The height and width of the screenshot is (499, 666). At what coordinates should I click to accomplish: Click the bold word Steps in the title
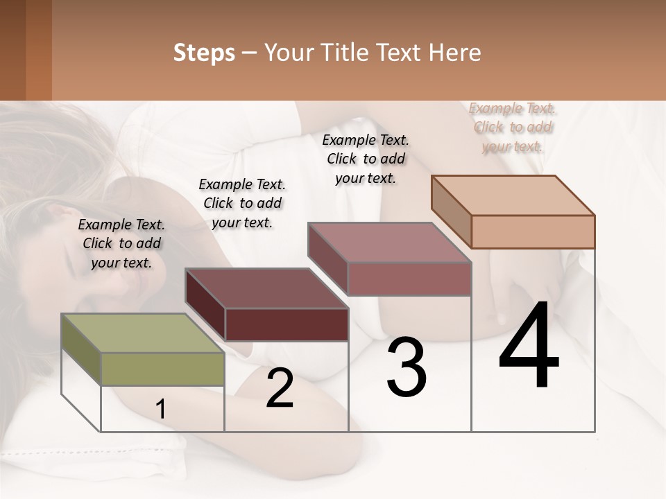(204, 53)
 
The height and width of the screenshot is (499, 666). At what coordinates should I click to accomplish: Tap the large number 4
(529, 347)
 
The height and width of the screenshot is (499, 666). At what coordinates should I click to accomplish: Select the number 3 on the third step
(407, 367)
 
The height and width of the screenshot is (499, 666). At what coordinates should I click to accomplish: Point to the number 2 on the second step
(280, 388)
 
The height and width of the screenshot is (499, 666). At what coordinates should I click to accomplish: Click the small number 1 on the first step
(161, 410)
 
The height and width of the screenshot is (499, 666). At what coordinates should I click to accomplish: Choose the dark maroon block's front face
(287, 324)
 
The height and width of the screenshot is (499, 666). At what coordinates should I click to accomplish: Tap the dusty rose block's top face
(388, 243)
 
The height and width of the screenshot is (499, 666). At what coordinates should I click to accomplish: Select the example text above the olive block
(121, 243)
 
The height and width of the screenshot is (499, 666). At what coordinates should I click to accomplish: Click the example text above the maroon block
(242, 203)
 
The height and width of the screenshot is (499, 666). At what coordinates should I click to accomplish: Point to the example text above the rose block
(366, 159)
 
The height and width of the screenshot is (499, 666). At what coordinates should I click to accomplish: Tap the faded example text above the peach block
(513, 127)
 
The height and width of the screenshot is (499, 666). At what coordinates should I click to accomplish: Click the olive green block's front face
(163, 369)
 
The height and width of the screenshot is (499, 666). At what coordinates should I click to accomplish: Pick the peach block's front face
(533, 231)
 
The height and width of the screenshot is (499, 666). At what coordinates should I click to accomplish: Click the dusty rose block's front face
(409, 279)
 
